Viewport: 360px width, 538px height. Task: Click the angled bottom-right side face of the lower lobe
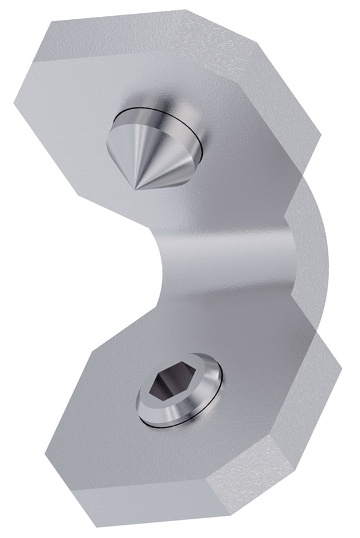[x=282, y=456]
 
